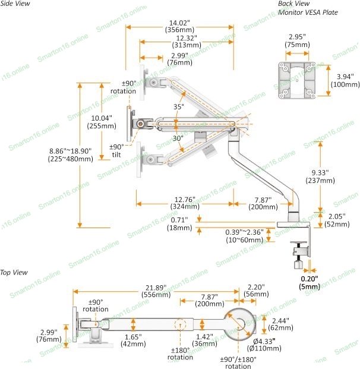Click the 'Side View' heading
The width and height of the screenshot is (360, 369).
click(x=15, y=4)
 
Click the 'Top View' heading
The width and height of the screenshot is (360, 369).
click(x=14, y=273)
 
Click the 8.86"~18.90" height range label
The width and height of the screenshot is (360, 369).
click(x=70, y=154)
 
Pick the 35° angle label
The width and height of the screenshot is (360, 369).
click(x=179, y=106)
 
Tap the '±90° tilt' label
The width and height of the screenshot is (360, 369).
click(x=116, y=151)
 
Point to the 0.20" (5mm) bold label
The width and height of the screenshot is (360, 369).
click(x=310, y=282)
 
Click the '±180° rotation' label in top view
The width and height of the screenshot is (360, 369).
click(x=179, y=354)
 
